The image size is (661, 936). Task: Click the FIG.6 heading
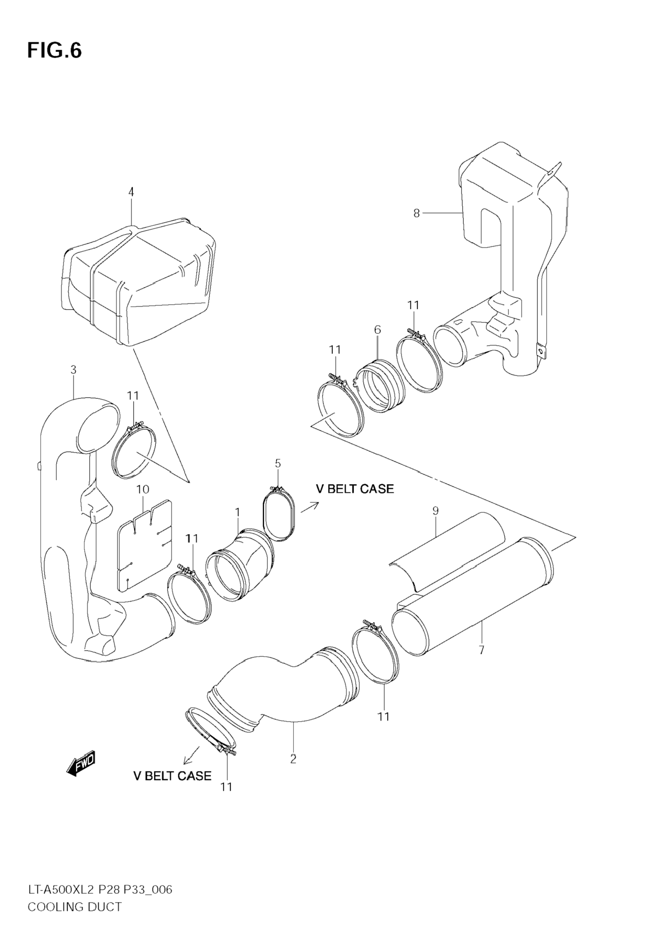(x=54, y=51)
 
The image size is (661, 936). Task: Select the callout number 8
(x=416, y=213)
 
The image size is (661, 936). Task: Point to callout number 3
(x=73, y=370)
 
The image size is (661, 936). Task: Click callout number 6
(x=377, y=330)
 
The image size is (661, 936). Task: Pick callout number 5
(x=278, y=463)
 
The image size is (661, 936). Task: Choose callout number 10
(x=143, y=489)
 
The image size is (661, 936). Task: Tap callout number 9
(x=435, y=510)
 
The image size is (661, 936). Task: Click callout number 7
(x=481, y=650)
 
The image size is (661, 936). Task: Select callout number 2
(x=293, y=759)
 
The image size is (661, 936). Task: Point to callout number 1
(x=237, y=512)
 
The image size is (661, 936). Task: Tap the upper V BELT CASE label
(x=355, y=489)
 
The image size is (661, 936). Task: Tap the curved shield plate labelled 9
(x=449, y=550)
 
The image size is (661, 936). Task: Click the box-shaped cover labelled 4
(x=139, y=281)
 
